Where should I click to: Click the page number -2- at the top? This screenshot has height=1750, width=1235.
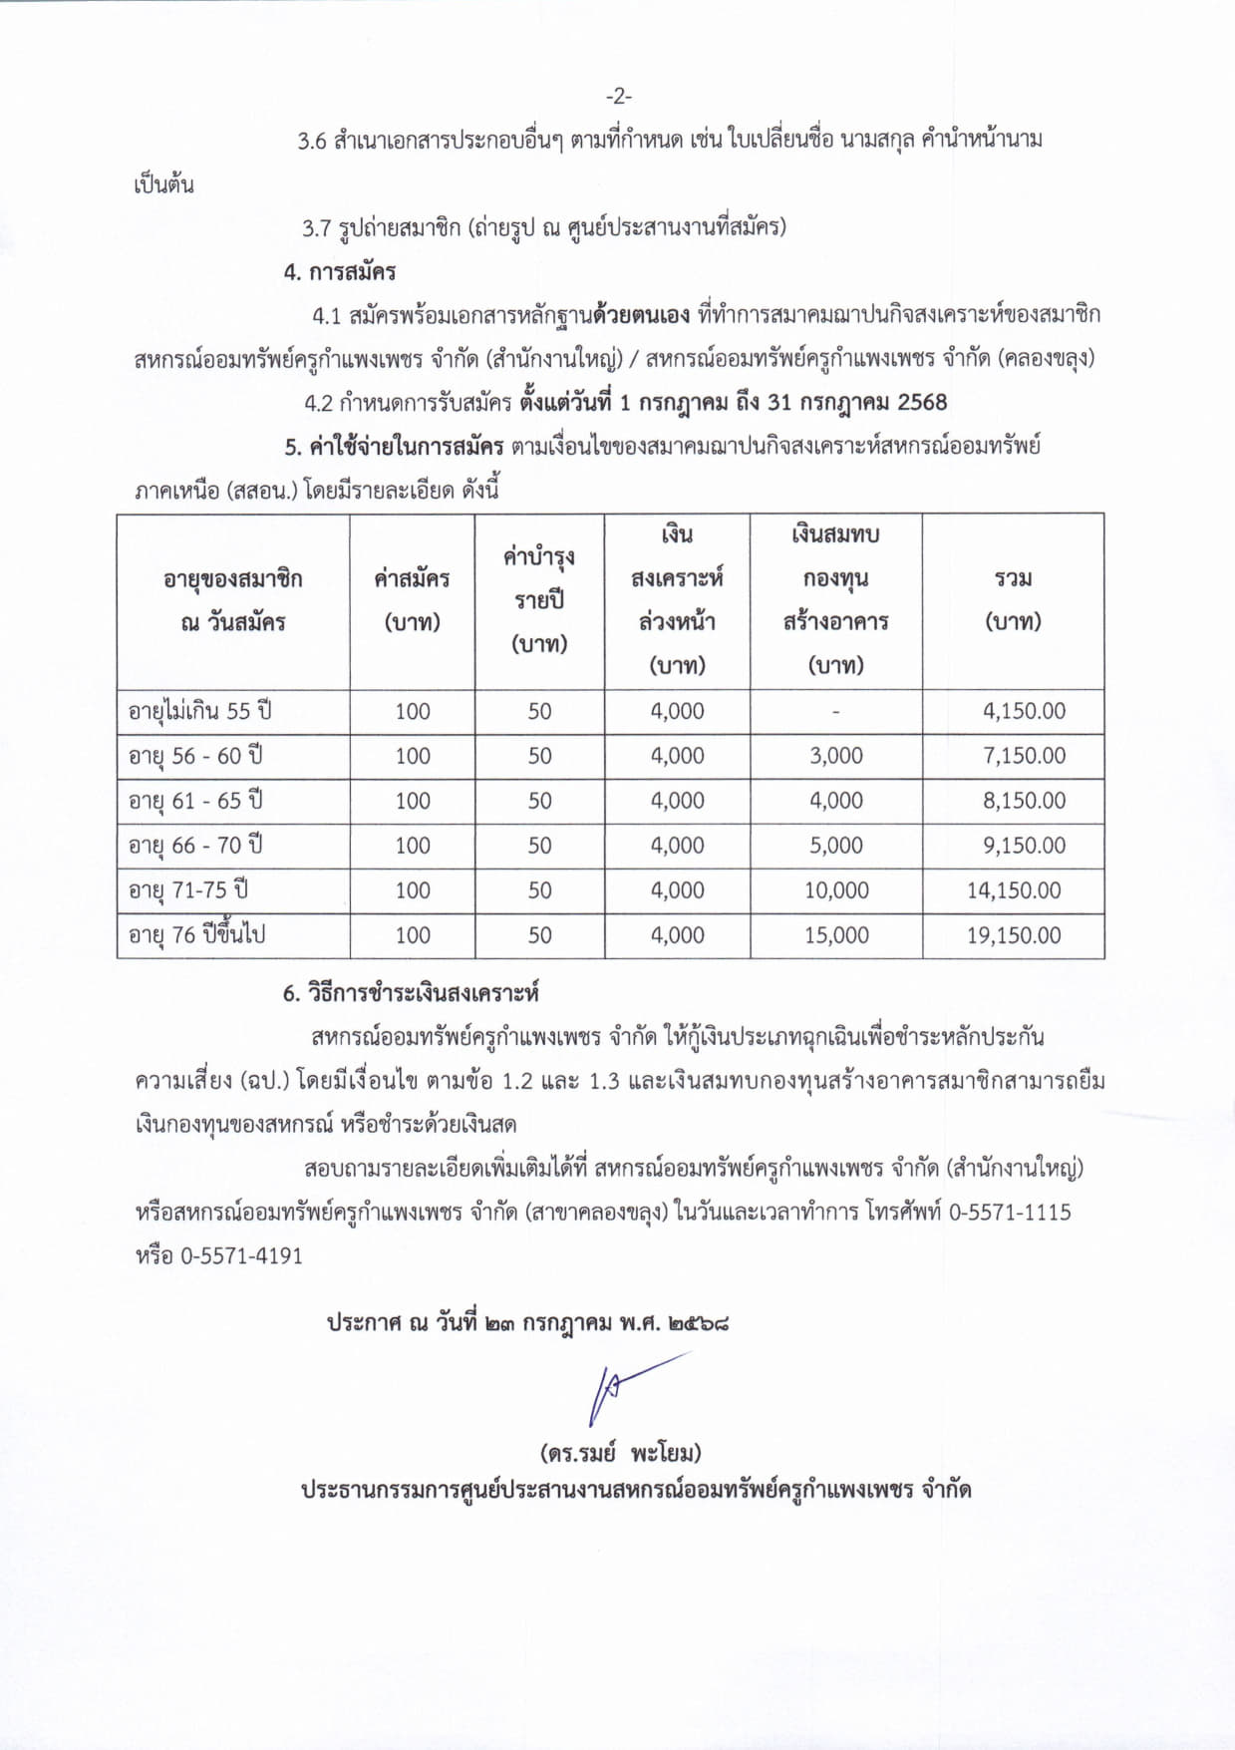[x=618, y=96]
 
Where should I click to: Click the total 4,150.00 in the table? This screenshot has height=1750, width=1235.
[x=1024, y=711]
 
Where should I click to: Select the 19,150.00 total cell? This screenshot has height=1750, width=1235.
[x=1014, y=935]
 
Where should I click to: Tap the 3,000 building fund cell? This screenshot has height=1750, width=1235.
[x=836, y=756]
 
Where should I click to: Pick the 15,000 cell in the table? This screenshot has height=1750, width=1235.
[x=836, y=935]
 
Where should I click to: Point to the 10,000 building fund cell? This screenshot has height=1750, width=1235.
[x=836, y=890]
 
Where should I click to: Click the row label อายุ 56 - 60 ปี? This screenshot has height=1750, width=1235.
[x=195, y=756]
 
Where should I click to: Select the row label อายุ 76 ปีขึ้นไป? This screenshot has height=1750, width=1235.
[x=196, y=935]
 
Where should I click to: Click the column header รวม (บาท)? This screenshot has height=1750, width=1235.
[x=1013, y=600]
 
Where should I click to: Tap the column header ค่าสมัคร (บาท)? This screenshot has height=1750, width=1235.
[x=412, y=600]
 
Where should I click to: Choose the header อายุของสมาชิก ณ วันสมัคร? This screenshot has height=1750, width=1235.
[x=233, y=600]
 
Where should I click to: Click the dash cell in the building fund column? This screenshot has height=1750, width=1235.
[x=835, y=712]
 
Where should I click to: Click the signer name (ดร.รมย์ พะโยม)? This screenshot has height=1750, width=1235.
[x=620, y=1452]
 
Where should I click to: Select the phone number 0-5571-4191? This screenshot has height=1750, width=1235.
[x=241, y=1256]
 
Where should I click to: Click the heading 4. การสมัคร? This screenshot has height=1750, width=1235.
[x=340, y=271]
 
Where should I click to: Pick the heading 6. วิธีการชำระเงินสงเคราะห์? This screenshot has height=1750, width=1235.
[x=411, y=993]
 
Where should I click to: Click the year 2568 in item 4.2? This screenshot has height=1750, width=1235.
[x=922, y=403]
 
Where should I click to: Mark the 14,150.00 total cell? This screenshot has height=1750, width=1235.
[x=1014, y=890]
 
